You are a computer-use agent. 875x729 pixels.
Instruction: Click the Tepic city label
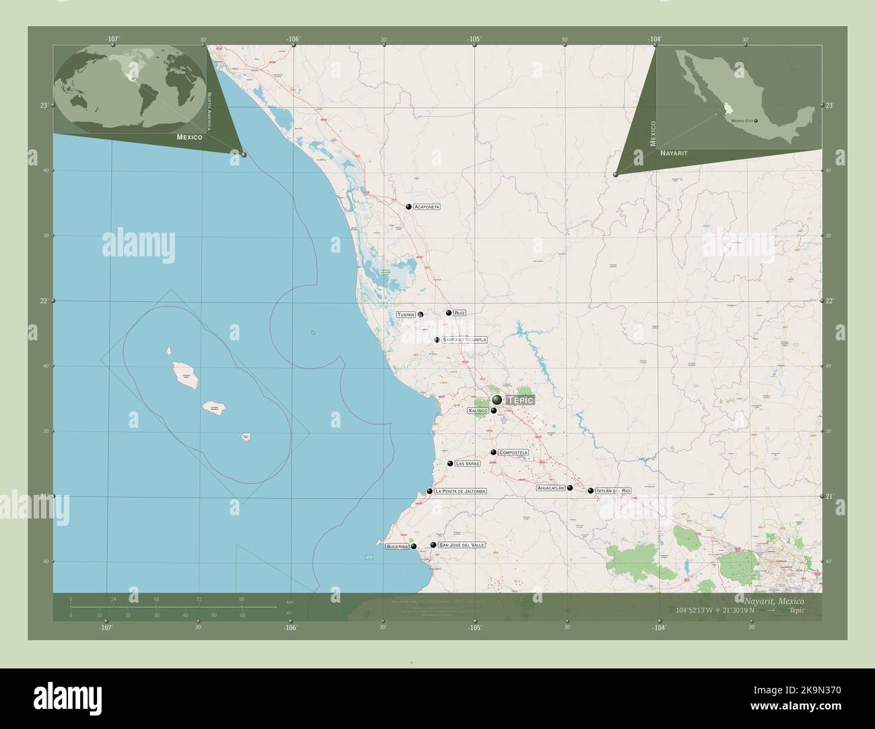point(520,399)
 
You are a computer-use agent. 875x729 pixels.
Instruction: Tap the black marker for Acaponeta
point(409,206)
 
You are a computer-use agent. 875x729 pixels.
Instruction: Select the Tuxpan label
point(406,315)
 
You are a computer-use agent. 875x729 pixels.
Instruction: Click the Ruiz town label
point(460,313)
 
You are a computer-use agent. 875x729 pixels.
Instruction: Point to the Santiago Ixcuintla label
point(464,340)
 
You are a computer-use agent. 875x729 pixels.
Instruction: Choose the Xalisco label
point(477,410)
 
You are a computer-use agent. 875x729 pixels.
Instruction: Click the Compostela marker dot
point(493,453)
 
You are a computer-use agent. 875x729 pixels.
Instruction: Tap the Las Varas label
point(468,463)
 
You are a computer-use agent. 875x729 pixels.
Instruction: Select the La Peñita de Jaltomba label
point(460,492)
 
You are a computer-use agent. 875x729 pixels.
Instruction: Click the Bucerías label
point(396,547)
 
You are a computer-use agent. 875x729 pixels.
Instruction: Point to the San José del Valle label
point(461,545)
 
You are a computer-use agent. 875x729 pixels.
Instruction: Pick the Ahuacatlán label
point(550,488)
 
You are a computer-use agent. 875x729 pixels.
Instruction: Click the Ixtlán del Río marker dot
point(591,491)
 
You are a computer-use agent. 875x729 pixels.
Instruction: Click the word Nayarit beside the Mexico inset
point(674,154)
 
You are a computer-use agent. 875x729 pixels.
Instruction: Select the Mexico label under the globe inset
point(190,137)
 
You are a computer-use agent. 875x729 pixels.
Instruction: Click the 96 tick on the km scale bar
point(242,599)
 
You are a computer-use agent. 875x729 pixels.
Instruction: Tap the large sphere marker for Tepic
point(497,400)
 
